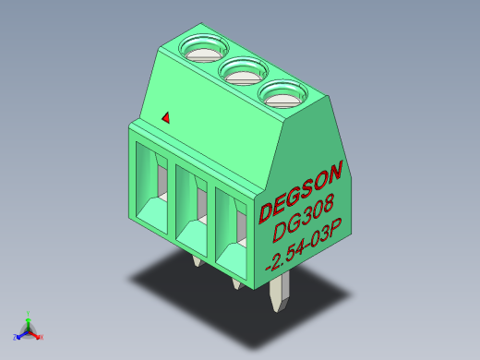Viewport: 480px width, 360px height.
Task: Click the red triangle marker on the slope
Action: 166,118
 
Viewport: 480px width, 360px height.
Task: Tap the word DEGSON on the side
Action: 301,192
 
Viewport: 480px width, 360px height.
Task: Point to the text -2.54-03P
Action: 304,244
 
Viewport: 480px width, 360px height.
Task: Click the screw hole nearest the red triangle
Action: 204,48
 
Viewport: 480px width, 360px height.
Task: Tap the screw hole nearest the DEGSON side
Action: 282,94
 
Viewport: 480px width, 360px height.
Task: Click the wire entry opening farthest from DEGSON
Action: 151,188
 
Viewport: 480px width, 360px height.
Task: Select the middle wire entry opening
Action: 191,211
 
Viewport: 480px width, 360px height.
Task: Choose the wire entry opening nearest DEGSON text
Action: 231,234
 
